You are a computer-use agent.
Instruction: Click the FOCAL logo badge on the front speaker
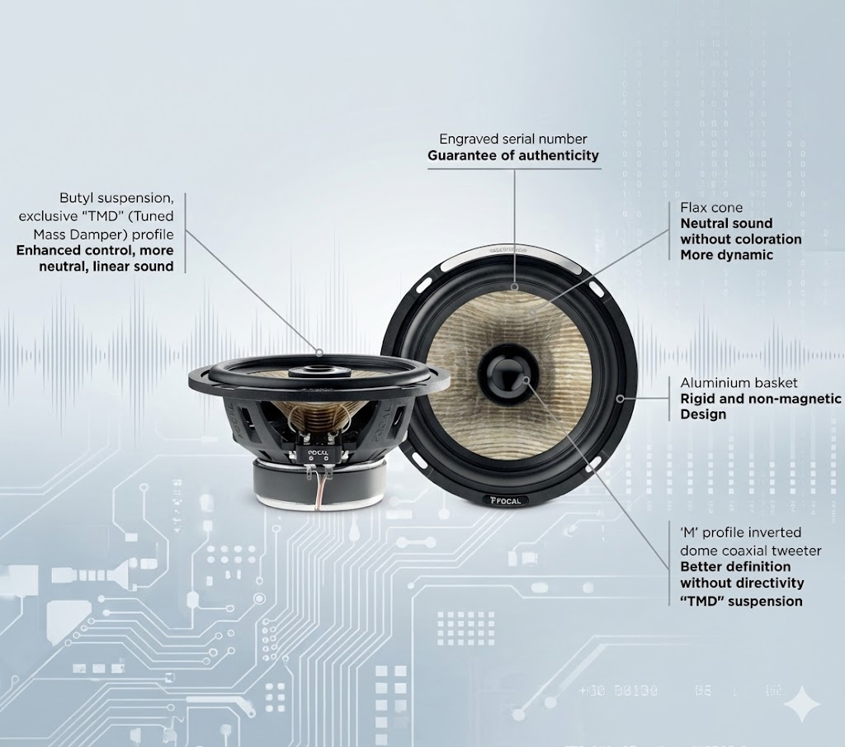click(x=506, y=501)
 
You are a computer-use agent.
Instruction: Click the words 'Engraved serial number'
click(x=513, y=139)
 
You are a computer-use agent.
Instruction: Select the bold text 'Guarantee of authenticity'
click(x=513, y=156)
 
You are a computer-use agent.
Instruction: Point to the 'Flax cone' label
click(x=711, y=207)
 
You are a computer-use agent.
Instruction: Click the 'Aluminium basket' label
click(x=739, y=383)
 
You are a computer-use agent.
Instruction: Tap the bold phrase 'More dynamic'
click(x=726, y=255)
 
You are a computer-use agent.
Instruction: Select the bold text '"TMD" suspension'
click(x=741, y=601)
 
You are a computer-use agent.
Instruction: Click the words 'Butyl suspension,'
click(x=117, y=198)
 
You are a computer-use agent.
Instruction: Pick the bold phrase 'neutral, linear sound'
click(x=106, y=267)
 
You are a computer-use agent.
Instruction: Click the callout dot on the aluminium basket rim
click(x=621, y=399)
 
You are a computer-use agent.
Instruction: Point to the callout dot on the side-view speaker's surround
click(x=319, y=353)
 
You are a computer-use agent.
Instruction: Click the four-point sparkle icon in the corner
click(x=802, y=703)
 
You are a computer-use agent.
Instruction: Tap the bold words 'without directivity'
click(x=742, y=584)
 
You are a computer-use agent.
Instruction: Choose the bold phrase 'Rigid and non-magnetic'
click(x=760, y=399)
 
